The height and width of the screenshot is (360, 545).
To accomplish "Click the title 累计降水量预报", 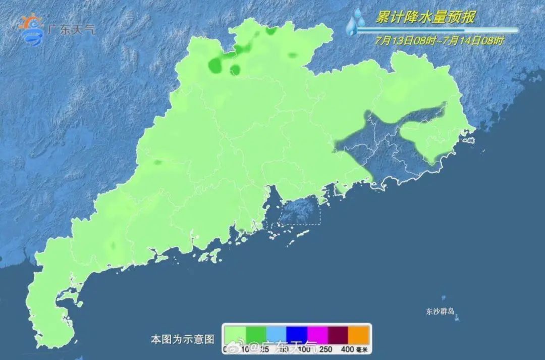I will tap(424, 17).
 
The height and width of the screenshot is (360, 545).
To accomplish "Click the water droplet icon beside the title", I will tap(356, 21).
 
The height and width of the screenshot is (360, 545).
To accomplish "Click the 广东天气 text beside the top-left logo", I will tap(71, 29).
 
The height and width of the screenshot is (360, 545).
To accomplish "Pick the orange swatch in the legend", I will tap(359, 334).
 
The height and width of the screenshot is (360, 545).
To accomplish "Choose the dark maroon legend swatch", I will tap(339, 334).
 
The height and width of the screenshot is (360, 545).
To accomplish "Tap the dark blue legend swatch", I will tap(297, 334).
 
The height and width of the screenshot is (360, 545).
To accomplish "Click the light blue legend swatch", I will tap(277, 334).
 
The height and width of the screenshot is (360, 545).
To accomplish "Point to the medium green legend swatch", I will tap(256, 334).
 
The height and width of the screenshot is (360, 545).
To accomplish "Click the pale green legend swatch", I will tap(235, 334).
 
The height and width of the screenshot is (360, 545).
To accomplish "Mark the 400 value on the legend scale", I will tap(347, 349).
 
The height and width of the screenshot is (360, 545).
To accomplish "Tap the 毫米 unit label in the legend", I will tap(362, 349).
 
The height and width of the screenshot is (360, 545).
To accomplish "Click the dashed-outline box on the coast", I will tap(300, 210).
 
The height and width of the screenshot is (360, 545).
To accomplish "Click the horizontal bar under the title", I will tap(437, 30).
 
